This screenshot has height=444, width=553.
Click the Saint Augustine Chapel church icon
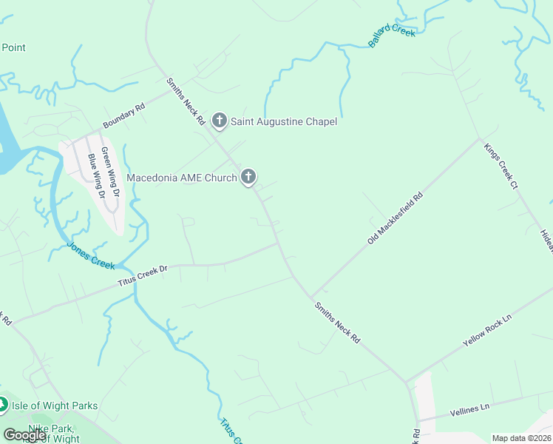[219, 121]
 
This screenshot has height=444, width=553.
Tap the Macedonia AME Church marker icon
[249, 177]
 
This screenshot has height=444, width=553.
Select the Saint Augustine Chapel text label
[284, 121]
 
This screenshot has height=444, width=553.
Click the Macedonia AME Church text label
[182, 178]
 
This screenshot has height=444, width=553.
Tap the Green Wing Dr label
[110, 172]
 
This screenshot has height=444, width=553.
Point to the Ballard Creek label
[393, 36]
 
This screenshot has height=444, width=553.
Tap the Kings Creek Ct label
[501, 166]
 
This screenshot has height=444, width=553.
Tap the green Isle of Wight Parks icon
[2, 405]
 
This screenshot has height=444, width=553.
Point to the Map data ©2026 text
[521, 438]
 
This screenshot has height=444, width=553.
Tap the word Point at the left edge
[13, 47]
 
